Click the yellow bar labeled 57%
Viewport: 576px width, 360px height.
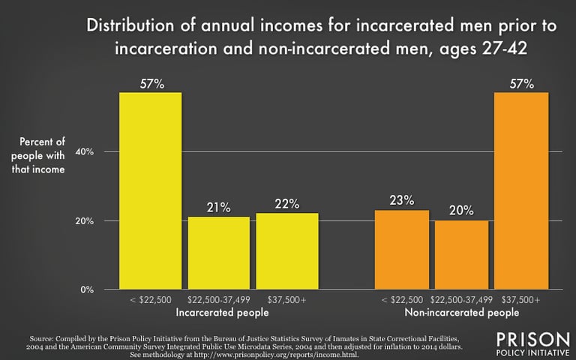click(151, 190)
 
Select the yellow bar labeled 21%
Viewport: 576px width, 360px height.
click(218, 253)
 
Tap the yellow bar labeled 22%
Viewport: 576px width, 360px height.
click(286, 251)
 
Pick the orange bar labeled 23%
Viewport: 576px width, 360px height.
click(401, 250)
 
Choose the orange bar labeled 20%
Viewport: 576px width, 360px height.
click(461, 255)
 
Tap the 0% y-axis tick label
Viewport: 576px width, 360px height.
click(86, 289)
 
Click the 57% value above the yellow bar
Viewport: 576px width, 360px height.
click(151, 83)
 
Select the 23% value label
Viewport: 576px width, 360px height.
click(401, 201)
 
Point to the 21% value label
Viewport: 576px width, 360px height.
click(218, 208)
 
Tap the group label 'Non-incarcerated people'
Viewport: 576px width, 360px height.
click(461, 312)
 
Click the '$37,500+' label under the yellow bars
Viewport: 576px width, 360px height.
click(286, 300)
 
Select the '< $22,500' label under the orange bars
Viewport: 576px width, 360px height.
click(400, 300)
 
